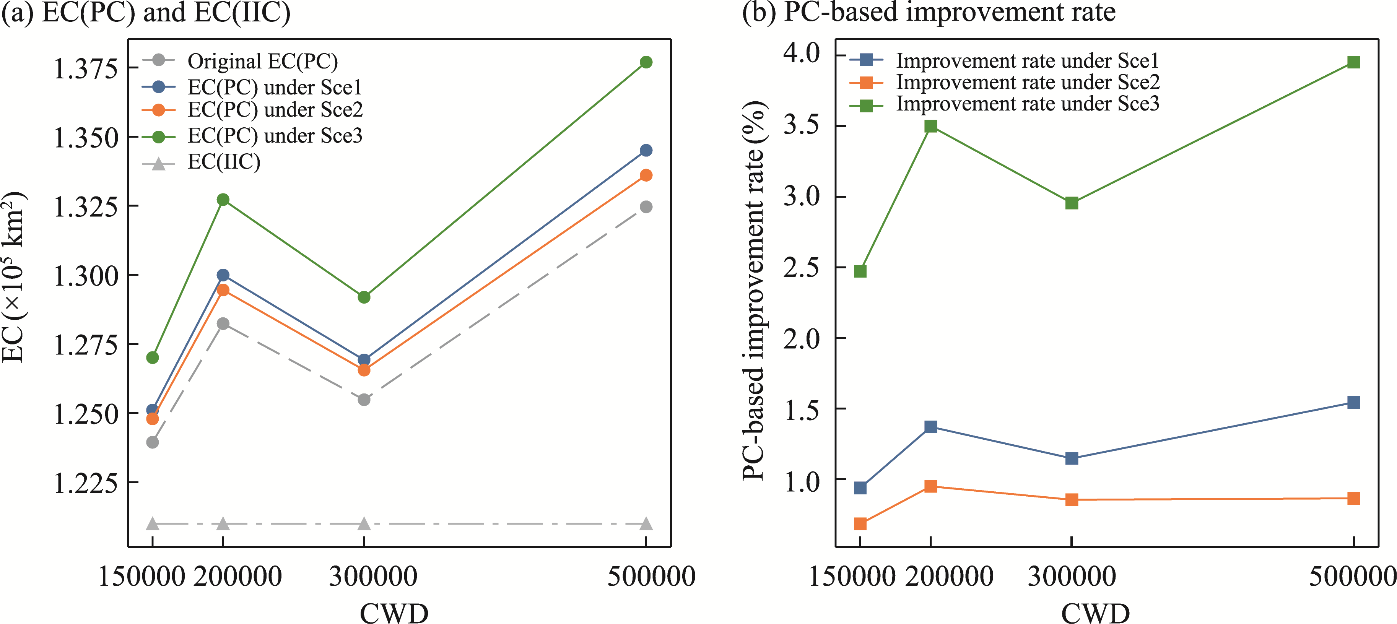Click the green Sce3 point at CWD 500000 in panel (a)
click(646, 62)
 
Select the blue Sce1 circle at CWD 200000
click(223, 275)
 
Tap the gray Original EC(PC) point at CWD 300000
click(364, 400)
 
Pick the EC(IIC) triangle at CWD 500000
click(646, 524)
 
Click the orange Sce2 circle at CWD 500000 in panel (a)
click(646, 175)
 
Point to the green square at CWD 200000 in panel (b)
click(930, 126)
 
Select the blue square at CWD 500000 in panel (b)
click(1354, 402)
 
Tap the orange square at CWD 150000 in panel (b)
click(860, 524)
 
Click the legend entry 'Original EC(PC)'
click(262, 61)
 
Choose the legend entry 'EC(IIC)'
click(223, 162)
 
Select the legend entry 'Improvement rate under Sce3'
click(1027, 104)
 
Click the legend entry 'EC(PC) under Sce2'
click(275, 110)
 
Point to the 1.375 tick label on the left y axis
click(85, 69)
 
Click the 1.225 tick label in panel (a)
click(85, 483)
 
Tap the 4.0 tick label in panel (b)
click(802, 53)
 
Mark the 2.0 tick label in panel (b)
click(802, 338)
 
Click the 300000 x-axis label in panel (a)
click(373, 576)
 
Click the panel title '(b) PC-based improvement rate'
click(929, 12)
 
